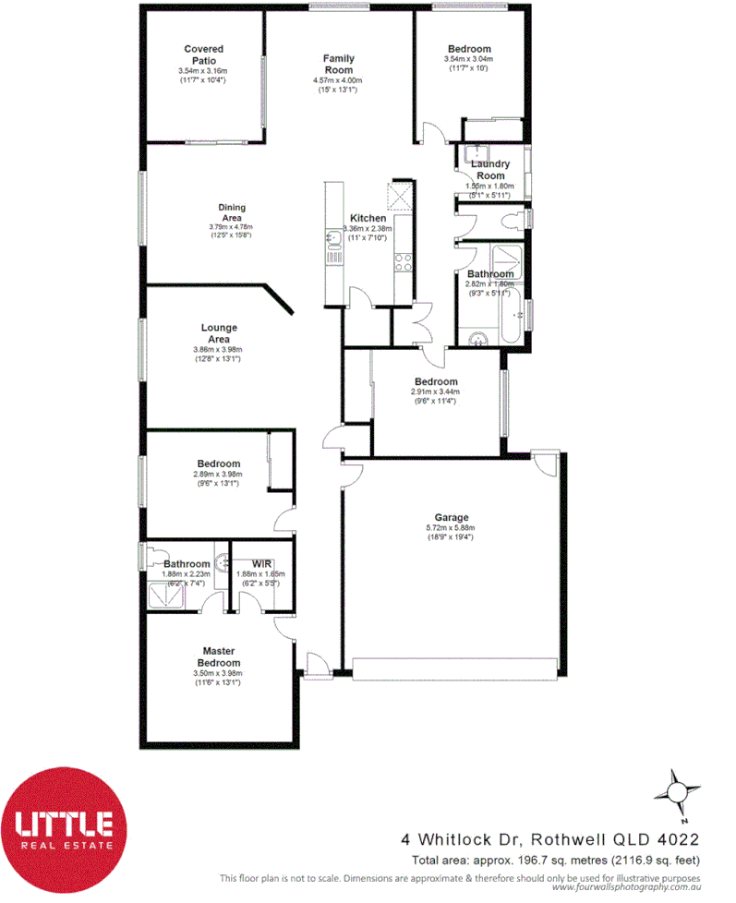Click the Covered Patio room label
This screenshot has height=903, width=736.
pyautogui.click(x=202, y=54)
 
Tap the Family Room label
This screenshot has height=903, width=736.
pyautogui.click(x=338, y=65)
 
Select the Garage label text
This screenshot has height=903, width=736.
pyautogui.click(x=452, y=518)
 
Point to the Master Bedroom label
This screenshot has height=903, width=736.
pyautogui.click(x=221, y=656)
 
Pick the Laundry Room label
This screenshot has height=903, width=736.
pyautogui.click(x=490, y=170)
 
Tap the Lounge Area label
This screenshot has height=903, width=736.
pyautogui.click(x=219, y=333)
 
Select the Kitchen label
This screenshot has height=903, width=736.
pyautogui.click(x=367, y=218)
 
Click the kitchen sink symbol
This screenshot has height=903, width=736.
pyautogui.click(x=332, y=239)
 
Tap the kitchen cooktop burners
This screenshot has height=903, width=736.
pyautogui.click(x=403, y=262)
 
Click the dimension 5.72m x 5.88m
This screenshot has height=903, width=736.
pyautogui.click(x=452, y=529)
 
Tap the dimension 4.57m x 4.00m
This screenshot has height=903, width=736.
pyautogui.click(x=338, y=80)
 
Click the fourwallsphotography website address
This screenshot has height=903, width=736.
pyautogui.click(x=628, y=887)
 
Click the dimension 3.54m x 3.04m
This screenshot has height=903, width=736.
pyautogui.click(x=469, y=59)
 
